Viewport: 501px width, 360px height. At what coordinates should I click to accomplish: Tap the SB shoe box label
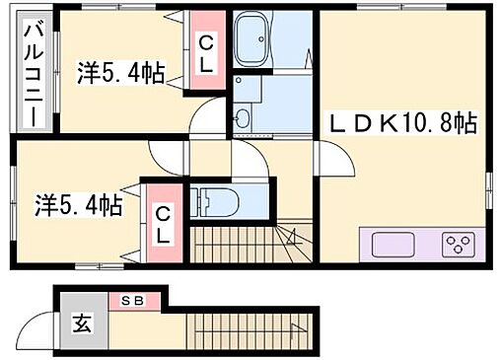pos(131,299)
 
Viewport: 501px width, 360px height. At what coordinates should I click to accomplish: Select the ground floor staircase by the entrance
pos(247,324)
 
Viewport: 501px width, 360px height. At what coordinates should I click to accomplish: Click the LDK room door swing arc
pos(328,158)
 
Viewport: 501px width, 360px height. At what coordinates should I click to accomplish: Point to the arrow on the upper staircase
pos(292,236)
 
